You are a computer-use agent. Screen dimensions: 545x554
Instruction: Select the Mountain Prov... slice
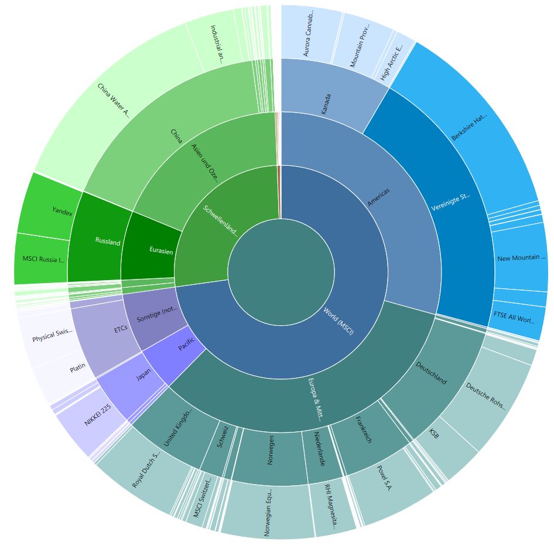point(360,44)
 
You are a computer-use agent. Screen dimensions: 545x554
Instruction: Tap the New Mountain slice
point(520,257)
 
